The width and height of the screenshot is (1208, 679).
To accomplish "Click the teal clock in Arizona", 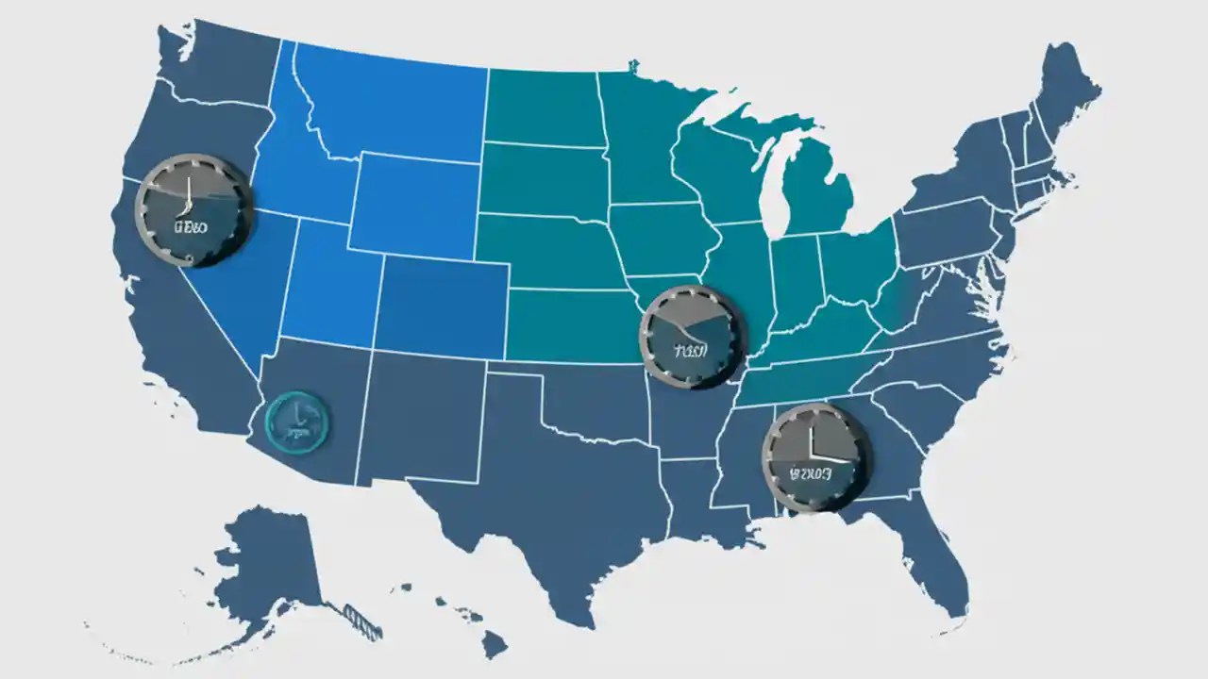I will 296,420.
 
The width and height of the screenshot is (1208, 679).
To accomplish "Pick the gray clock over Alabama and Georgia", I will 816,457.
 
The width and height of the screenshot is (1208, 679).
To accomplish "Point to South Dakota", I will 543,179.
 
